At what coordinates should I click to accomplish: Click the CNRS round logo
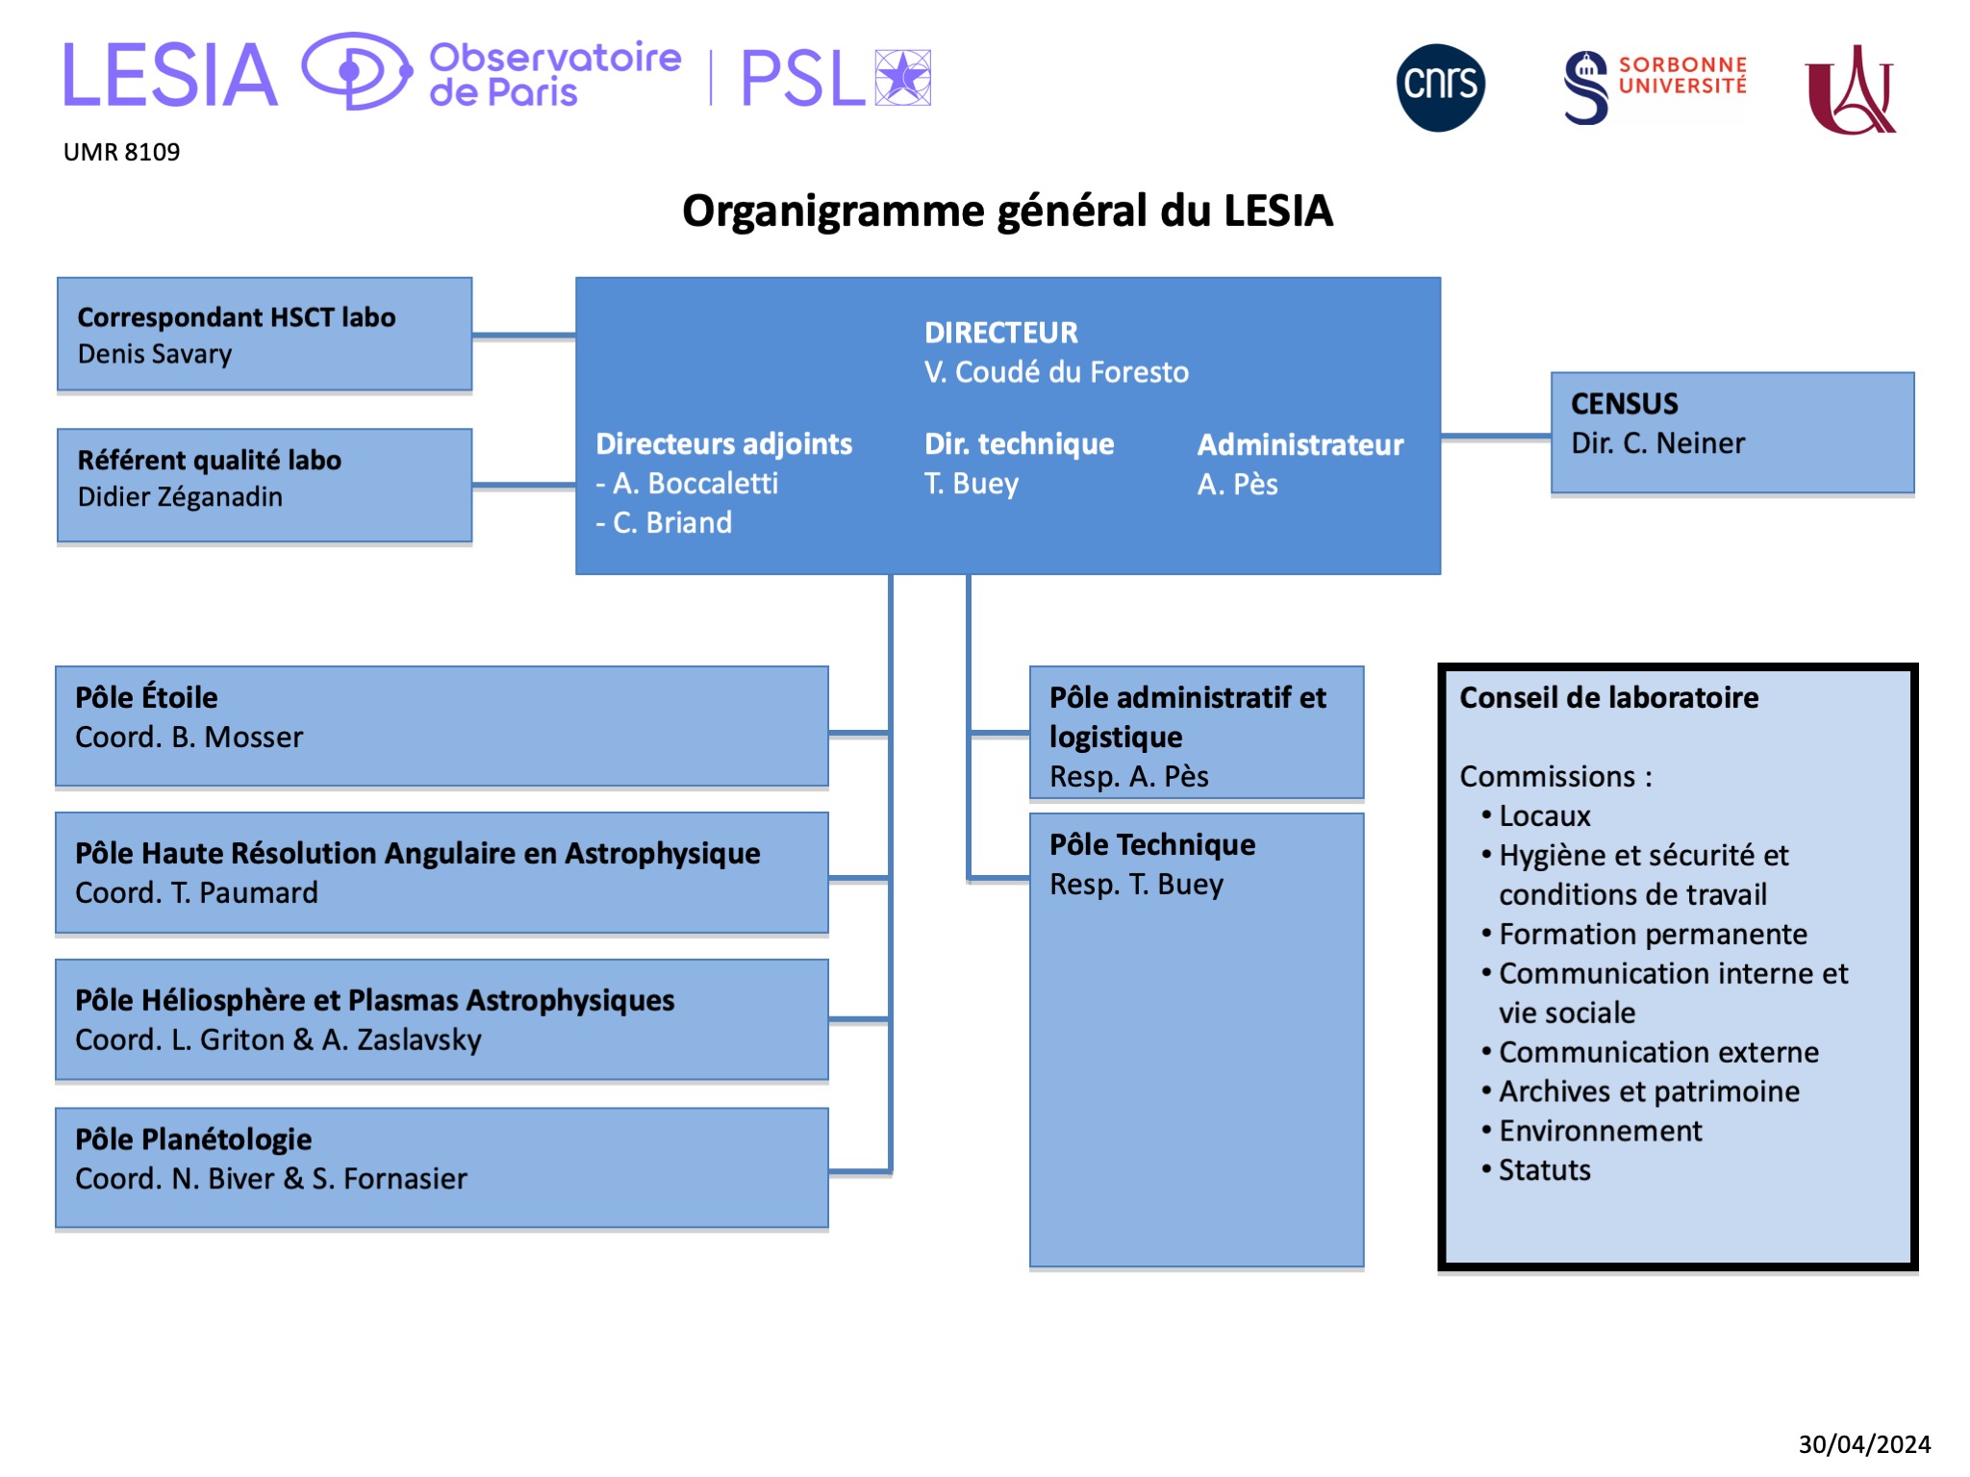tap(1440, 88)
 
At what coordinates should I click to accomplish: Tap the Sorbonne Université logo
tap(1654, 87)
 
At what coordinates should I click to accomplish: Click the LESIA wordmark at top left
tap(170, 75)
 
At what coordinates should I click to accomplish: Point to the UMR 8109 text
tap(121, 152)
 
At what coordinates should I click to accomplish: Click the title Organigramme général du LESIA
tap(1007, 211)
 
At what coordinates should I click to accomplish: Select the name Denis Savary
tap(155, 354)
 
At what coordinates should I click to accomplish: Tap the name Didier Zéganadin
tap(180, 496)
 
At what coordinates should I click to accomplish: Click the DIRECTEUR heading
tap(1000, 333)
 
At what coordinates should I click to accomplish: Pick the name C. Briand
tap(671, 522)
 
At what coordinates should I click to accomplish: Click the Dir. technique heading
tap(1019, 443)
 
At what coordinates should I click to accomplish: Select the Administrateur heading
tap(1300, 444)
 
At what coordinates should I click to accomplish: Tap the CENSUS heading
tap(1624, 403)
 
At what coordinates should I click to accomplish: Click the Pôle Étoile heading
tap(146, 697)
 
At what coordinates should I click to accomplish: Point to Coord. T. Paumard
tap(196, 892)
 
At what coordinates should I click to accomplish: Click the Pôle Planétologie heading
tap(193, 1139)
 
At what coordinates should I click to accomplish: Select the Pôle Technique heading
tap(1152, 844)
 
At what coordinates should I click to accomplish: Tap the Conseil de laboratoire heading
tap(1608, 697)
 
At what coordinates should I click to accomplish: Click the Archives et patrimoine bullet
tap(1649, 1091)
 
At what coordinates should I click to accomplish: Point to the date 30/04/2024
tap(1864, 1444)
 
